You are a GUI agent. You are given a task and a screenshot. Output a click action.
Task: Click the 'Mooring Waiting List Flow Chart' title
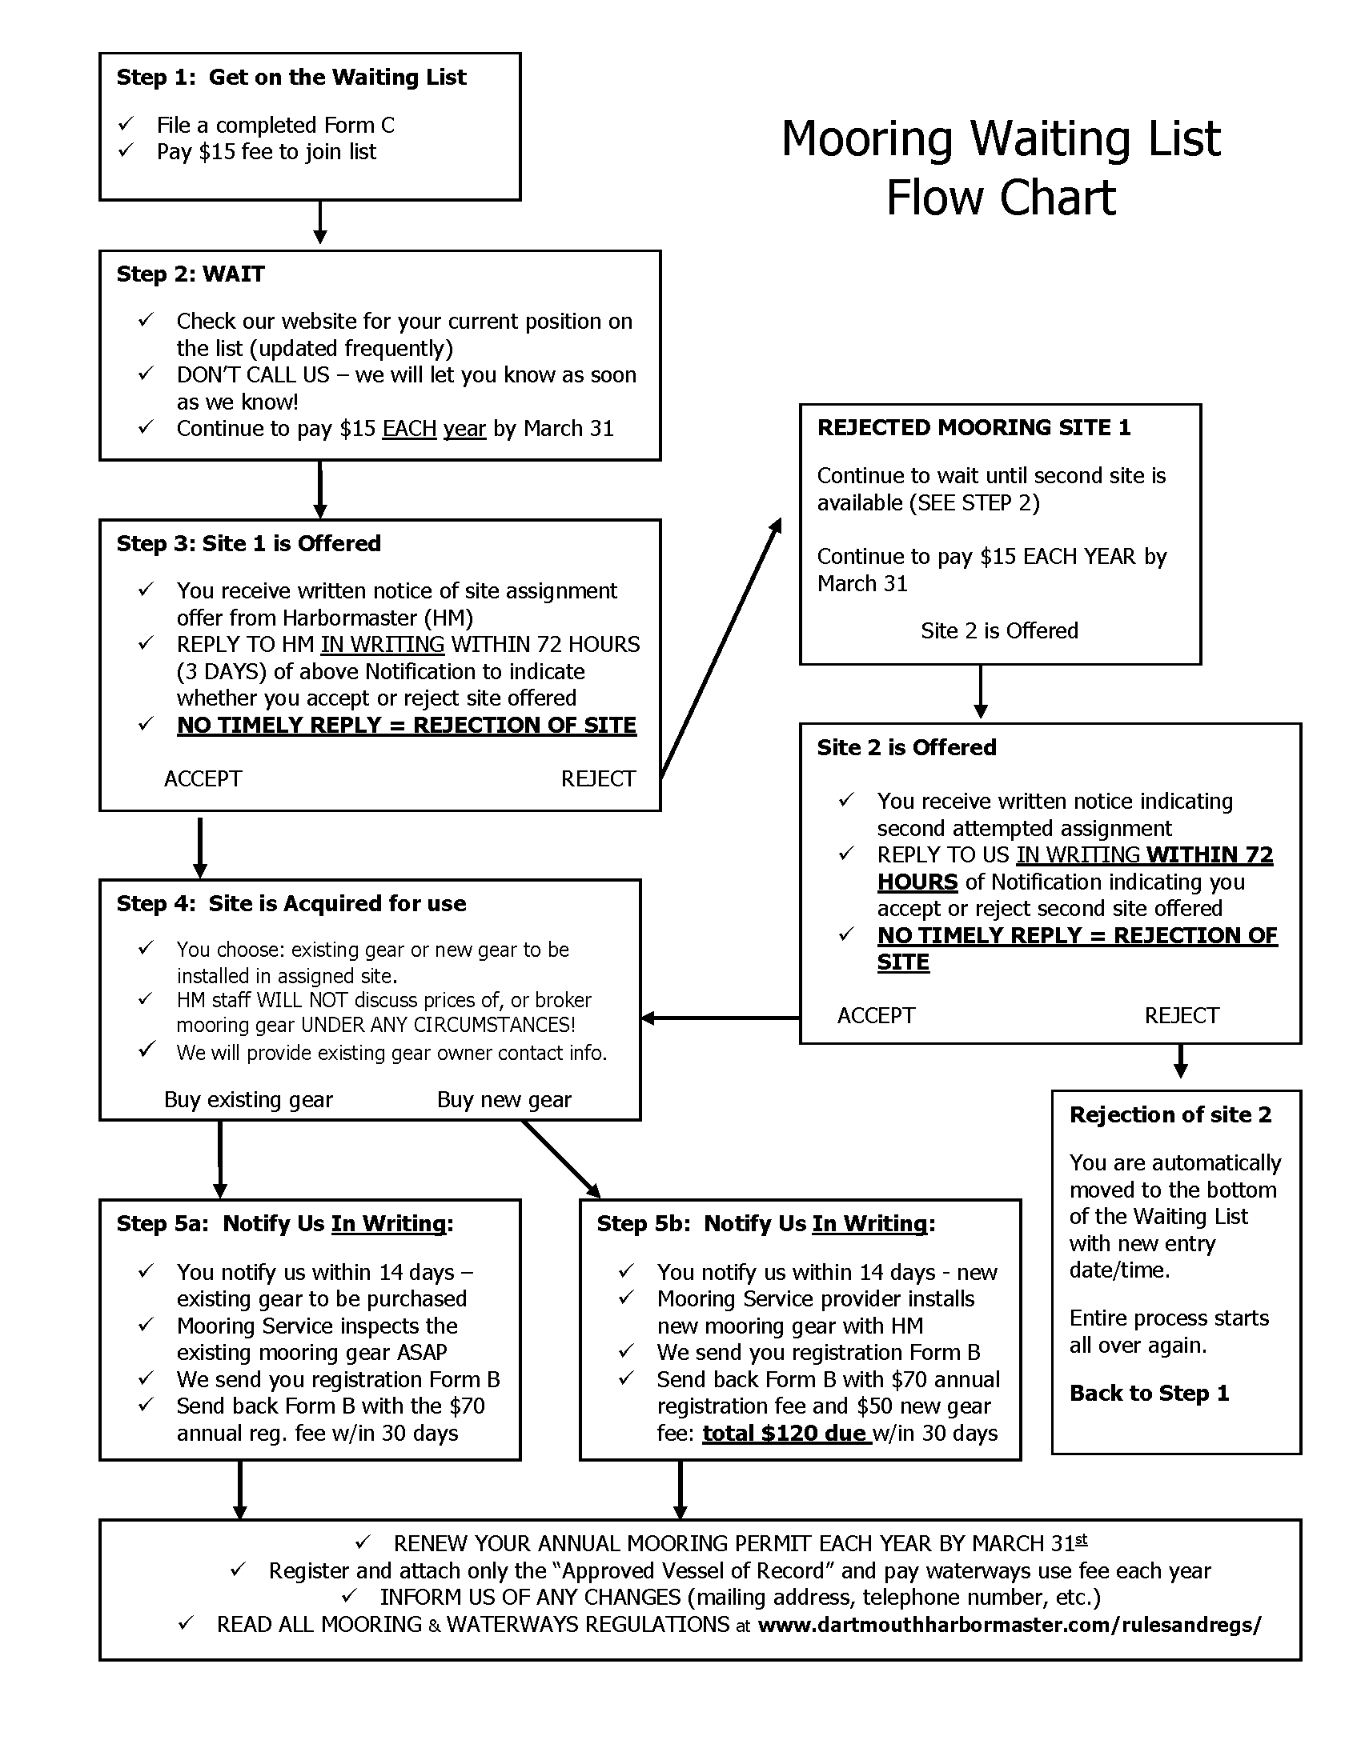tap(1000, 168)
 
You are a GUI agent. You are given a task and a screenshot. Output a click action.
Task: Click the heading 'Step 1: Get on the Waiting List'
tap(291, 78)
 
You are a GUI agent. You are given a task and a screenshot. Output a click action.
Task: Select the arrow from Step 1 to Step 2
tap(320, 222)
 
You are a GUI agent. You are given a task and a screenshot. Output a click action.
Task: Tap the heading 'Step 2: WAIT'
tap(191, 274)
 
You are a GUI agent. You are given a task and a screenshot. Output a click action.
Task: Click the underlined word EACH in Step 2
tap(409, 429)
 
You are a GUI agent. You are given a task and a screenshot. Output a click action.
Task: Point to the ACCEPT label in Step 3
tap(203, 778)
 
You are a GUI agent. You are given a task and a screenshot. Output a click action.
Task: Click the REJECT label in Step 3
tap(598, 778)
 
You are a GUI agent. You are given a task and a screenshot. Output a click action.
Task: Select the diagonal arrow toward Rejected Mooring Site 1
tap(721, 648)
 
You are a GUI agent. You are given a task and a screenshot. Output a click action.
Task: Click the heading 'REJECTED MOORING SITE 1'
tap(974, 428)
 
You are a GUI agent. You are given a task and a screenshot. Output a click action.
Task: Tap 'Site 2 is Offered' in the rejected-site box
tap(999, 630)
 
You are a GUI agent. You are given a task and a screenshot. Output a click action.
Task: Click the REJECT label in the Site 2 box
tap(1181, 1015)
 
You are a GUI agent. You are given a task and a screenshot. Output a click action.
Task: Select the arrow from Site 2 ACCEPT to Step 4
tap(720, 1018)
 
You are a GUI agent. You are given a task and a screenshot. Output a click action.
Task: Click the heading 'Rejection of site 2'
tap(1170, 1114)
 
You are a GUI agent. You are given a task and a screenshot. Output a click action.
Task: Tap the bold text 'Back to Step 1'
tap(1149, 1394)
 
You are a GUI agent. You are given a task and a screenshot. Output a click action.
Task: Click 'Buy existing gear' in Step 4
tap(248, 1100)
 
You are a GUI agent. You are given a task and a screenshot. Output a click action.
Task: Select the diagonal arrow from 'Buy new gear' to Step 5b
tap(561, 1159)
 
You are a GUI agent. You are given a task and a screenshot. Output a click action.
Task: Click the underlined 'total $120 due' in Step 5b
tap(786, 1434)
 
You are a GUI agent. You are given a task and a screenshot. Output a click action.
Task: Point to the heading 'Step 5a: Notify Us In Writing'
tap(285, 1224)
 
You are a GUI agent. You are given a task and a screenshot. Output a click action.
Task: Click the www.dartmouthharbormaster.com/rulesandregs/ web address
tap(1010, 1625)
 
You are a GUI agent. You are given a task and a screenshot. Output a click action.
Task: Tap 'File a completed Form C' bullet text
tap(275, 126)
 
